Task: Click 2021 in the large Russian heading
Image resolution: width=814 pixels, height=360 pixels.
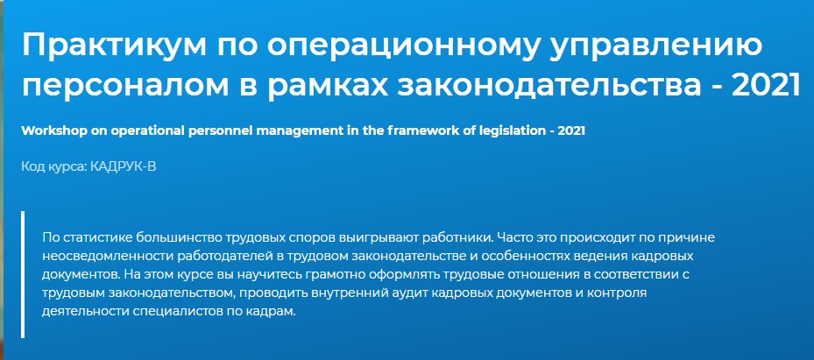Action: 766,85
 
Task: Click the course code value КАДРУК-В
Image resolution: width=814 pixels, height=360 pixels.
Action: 123,167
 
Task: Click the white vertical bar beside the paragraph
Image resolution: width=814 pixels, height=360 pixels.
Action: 23,274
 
